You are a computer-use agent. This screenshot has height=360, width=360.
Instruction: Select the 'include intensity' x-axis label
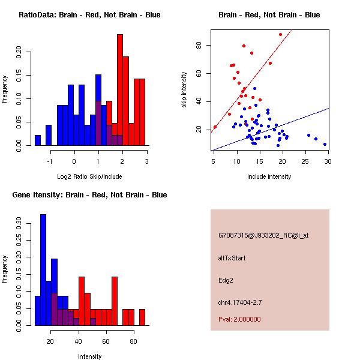tap(269, 176)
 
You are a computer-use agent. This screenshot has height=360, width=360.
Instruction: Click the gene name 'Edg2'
tap(225, 280)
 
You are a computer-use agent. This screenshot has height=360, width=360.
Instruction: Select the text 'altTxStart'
tap(232, 258)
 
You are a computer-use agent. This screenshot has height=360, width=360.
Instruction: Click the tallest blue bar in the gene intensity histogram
tap(43, 270)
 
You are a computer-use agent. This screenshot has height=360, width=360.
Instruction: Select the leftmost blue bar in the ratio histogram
tap(38, 140)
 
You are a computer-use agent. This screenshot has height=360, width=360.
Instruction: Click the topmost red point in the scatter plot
tap(280, 34)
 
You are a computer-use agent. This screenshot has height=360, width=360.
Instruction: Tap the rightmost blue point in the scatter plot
tap(325, 144)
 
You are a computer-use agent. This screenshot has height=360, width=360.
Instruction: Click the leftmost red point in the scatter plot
tap(215, 127)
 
